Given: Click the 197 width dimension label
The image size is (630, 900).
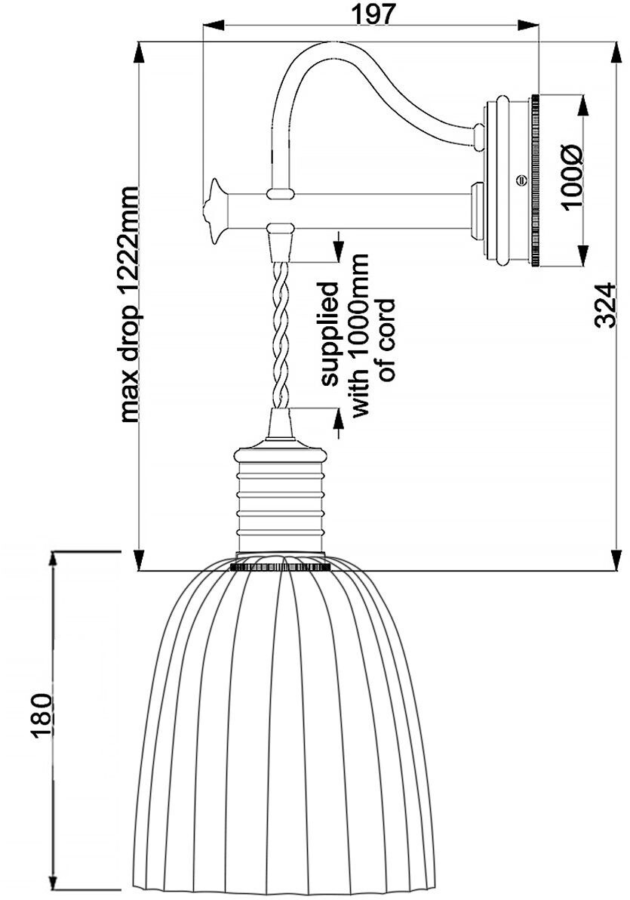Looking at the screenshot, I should coord(373,13).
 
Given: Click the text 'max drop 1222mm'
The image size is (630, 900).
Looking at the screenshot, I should coord(130,303).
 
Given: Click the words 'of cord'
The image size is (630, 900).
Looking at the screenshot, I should coord(386,340).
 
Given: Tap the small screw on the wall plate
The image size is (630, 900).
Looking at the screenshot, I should coord(520,180).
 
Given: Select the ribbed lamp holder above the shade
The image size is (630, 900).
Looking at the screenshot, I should coord(281,498).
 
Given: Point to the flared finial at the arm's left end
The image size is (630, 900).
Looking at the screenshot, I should coord(215,211).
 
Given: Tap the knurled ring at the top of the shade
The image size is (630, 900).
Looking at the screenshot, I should coord(281,564).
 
